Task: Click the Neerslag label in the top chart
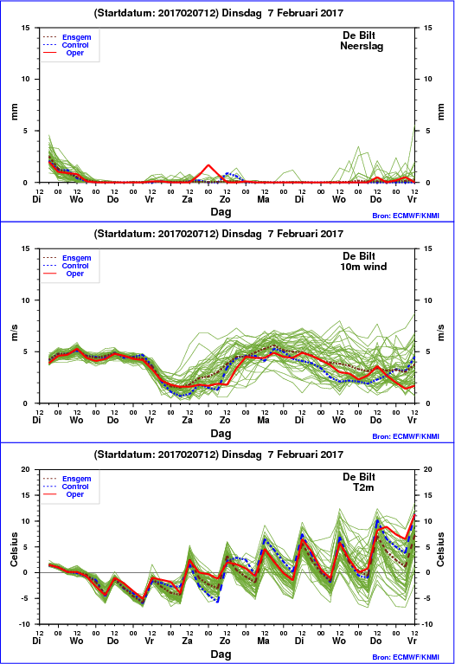click(x=362, y=46)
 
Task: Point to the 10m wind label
click(x=363, y=267)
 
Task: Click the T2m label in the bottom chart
click(x=363, y=487)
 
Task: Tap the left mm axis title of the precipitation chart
click(x=15, y=112)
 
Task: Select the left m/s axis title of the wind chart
click(x=15, y=332)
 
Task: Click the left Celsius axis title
click(x=15, y=549)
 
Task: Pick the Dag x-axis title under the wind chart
click(x=221, y=433)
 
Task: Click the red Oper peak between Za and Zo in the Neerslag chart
click(x=208, y=165)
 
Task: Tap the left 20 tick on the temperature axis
click(x=26, y=469)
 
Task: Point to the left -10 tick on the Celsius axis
click(x=24, y=624)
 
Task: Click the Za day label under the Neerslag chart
click(x=187, y=199)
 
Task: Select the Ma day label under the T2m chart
click(x=263, y=641)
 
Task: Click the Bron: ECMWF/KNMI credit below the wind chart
click(x=406, y=436)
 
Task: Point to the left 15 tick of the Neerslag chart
click(x=26, y=28)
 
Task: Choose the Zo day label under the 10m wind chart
click(x=225, y=420)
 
